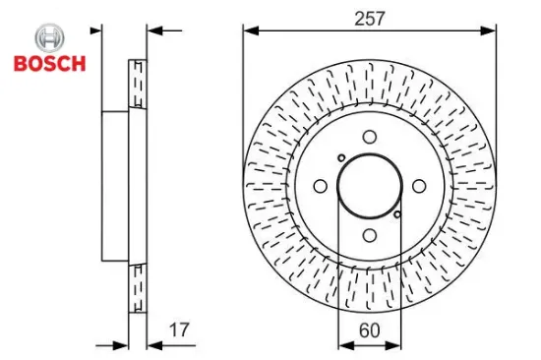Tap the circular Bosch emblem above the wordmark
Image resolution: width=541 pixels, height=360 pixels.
click(x=48, y=39)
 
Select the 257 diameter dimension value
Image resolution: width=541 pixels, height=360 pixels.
click(x=370, y=18)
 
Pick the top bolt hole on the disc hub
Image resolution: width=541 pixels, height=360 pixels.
click(x=369, y=138)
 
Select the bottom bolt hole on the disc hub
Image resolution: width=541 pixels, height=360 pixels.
click(x=369, y=235)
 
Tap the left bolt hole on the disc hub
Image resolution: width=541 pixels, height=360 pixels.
click(x=320, y=186)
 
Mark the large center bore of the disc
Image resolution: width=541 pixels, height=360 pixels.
click(x=369, y=186)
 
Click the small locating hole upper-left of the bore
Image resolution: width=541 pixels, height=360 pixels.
click(x=340, y=158)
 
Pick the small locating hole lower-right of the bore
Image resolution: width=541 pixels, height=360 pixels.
click(x=396, y=214)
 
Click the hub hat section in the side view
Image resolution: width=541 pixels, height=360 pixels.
click(x=116, y=186)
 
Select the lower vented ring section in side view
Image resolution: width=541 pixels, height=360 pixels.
click(x=138, y=287)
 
